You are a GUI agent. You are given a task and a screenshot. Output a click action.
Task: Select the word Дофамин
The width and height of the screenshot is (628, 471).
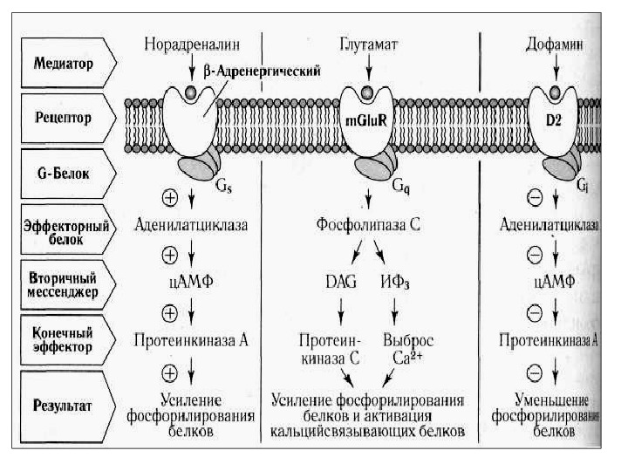[555, 42]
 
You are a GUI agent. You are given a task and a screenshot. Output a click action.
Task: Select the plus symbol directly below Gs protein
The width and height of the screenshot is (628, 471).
[171, 197]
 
